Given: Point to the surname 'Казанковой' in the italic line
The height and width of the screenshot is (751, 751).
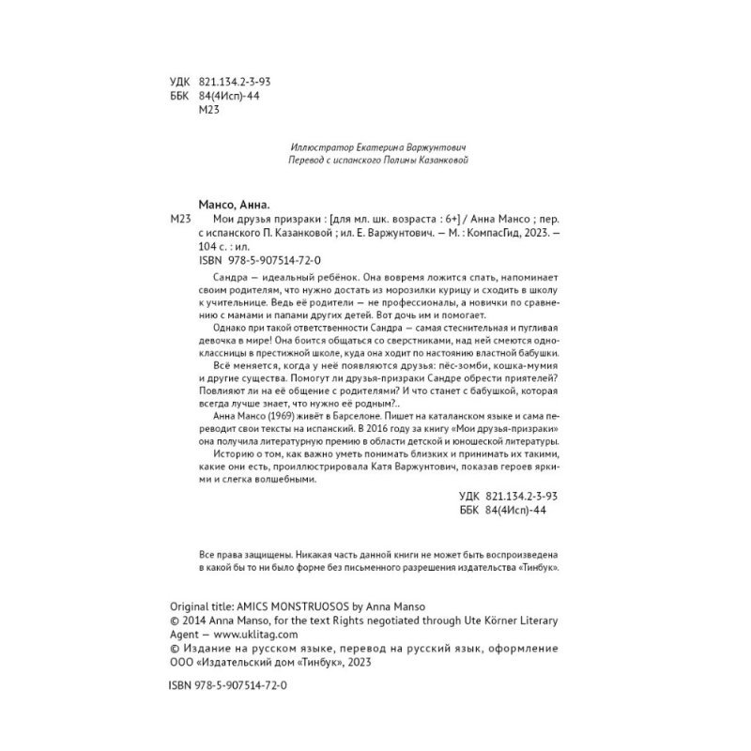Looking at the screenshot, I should tap(435, 161).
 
